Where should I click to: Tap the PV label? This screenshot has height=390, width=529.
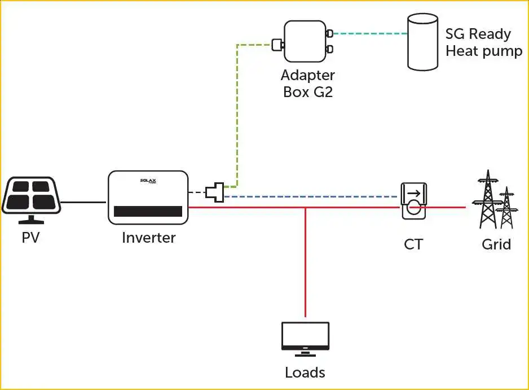(x=30, y=238)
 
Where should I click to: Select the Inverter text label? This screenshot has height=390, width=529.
(x=148, y=238)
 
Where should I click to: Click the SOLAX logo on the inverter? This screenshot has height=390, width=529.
(x=148, y=181)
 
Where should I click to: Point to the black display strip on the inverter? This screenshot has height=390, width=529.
(x=148, y=212)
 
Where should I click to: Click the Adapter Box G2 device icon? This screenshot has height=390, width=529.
(x=305, y=41)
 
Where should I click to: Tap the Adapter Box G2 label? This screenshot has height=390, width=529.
(x=308, y=83)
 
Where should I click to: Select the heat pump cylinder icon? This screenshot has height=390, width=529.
(x=423, y=42)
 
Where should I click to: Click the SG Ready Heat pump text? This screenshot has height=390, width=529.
(x=483, y=42)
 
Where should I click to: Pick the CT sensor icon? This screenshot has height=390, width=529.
(x=413, y=201)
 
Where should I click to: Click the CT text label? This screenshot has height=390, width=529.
(x=413, y=244)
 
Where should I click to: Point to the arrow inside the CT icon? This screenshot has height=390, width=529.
(x=413, y=194)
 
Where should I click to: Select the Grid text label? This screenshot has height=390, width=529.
(x=496, y=244)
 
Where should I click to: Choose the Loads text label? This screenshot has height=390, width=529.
(x=305, y=373)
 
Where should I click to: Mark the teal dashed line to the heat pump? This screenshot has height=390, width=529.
(x=369, y=33)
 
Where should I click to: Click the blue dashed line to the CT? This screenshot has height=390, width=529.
(x=310, y=196)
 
